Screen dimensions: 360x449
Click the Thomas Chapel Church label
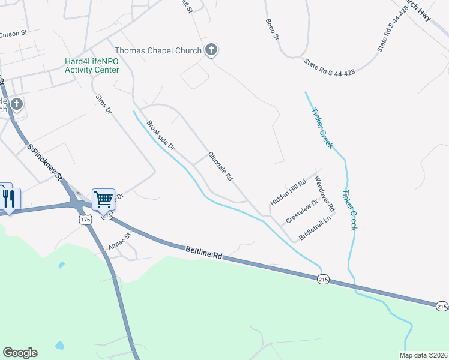click(157, 50)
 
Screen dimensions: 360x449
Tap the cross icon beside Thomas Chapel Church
click(211, 50)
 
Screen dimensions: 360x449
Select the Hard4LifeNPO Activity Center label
click(92, 65)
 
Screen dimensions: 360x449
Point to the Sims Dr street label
click(104, 104)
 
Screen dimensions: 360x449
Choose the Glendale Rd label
click(220, 166)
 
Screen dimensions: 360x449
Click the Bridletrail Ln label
click(315, 226)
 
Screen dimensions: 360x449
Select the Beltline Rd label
click(204, 251)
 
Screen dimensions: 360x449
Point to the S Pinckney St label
click(45, 161)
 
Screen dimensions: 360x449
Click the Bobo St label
click(272, 29)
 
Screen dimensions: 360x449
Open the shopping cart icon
click(103, 199)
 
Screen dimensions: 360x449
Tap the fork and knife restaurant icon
click(10, 198)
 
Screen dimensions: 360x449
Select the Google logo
click(20, 353)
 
